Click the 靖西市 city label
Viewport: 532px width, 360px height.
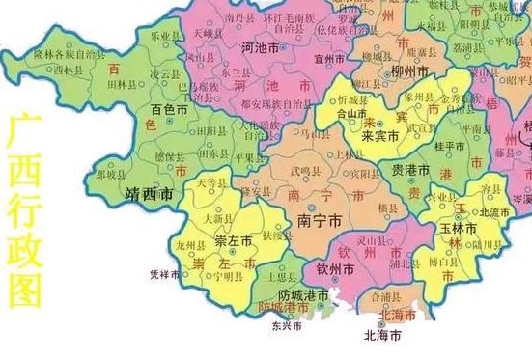pyautogui.click(x=150, y=196)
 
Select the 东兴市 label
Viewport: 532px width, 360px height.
pyautogui.click(x=286, y=326)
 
